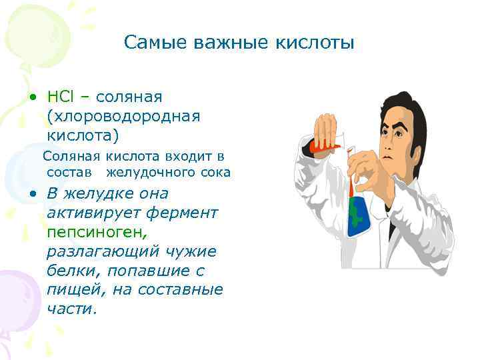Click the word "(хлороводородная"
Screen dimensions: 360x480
pos(123,117)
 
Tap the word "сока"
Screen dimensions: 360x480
pos(215,173)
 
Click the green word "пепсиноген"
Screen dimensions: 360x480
pos(94,233)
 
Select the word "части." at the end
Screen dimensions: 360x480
pos(72,310)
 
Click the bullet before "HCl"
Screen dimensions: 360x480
pos(31,98)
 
